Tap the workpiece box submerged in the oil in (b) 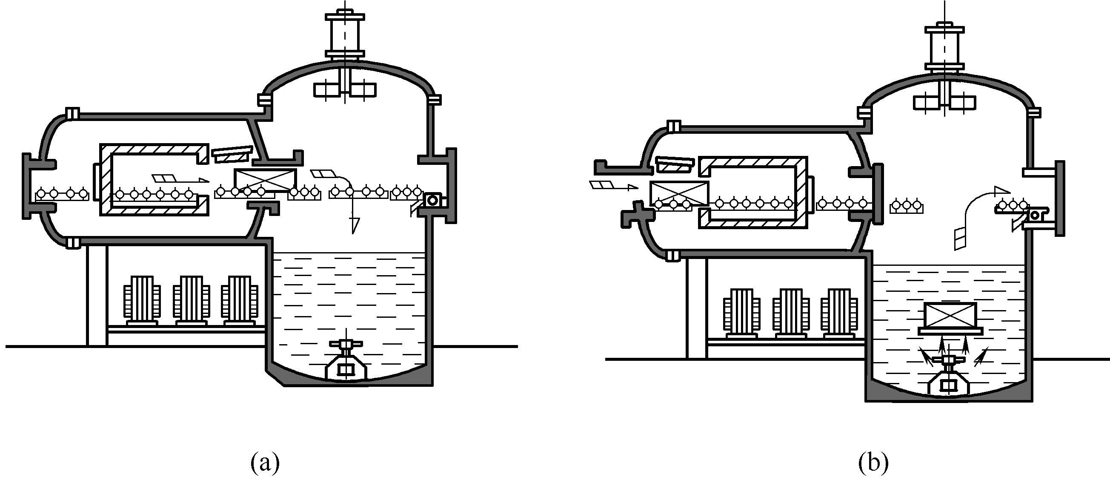(950, 315)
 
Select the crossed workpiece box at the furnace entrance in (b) (679, 193)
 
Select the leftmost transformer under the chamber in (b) (742, 313)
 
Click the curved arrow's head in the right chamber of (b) (1001, 190)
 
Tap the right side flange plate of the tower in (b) (1060, 199)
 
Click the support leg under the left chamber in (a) (97, 295)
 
